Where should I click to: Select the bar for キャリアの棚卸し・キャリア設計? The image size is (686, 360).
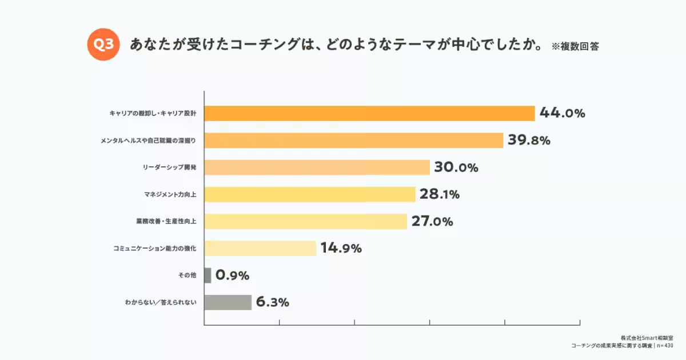[x=369, y=113]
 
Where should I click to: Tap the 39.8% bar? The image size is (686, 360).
[x=353, y=140]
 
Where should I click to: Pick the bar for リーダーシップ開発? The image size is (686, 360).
[x=317, y=167]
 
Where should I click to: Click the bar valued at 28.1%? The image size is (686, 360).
[x=309, y=194]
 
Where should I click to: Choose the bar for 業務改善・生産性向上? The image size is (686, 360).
[x=305, y=221]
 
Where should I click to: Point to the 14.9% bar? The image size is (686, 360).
[x=260, y=248]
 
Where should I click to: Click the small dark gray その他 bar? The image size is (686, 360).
[x=208, y=275]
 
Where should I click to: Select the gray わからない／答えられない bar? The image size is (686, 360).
[x=228, y=302]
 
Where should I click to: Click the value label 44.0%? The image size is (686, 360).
[x=562, y=113]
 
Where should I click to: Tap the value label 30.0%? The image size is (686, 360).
[x=456, y=167]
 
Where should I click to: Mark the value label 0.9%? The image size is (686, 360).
[x=233, y=275]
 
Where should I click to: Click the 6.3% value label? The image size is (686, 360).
[x=273, y=302]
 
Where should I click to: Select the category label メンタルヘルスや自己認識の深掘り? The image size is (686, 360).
[x=147, y=140]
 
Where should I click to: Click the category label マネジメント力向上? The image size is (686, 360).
[x=170, y=194]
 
